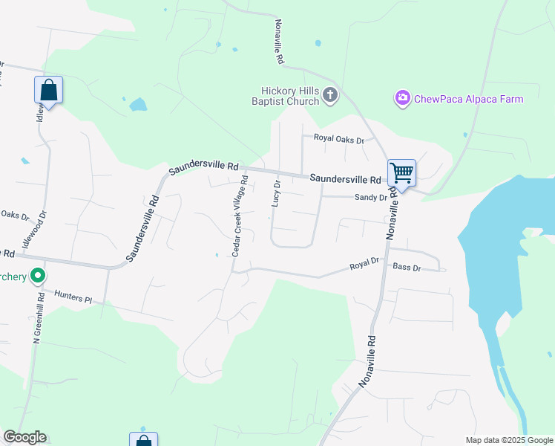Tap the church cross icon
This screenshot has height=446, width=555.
pyautogui.click(x=331, y=94)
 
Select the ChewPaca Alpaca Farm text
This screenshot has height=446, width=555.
pyautogui.click(x=468, y=99)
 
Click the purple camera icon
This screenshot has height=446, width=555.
pyautogui.click(x=403, y=98)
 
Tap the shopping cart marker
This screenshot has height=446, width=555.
pyautogui.click(x=401, y=173)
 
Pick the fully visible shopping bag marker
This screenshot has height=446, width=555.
pyautogui.click(x=48, y=91)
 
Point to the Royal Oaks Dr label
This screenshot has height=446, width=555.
pyautogui.click(x=338, y=139)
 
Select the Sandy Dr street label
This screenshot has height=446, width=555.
pyautogui.click(x=371, y=198)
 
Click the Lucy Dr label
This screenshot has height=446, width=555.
pyautogui.click(x=276, y=194)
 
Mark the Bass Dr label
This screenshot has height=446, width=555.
pyautogui.click(x=407, y=267)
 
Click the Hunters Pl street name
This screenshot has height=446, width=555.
pyautogui.click(x=73, y=297)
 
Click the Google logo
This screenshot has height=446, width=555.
pyautogui.click(x=24, y=437)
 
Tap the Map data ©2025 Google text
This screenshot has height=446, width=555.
pyautogui.click(x=508, y=440)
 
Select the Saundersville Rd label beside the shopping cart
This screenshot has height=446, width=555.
pyautogui.click(x=345, y=179)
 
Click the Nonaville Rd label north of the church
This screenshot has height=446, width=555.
pyautogui.click(x=280, y=42)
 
